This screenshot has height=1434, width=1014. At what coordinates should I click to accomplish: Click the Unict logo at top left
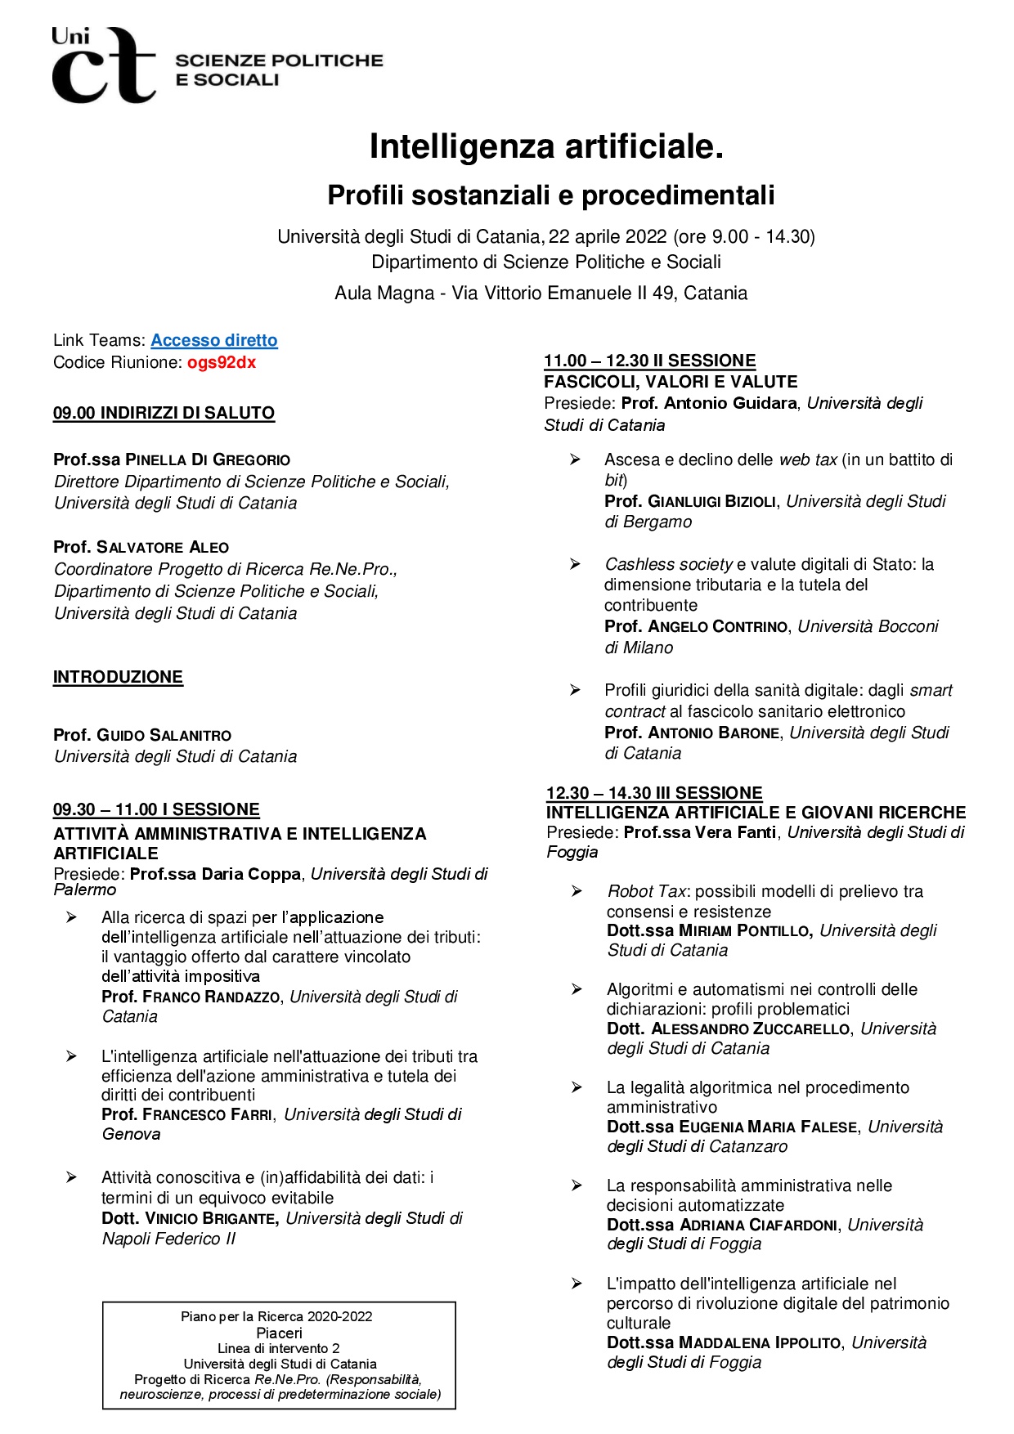(x=103, y=65)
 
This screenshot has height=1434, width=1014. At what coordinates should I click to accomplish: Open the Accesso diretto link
(x=214, y=340)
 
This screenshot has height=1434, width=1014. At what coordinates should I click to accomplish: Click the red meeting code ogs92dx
(x=222, y=362)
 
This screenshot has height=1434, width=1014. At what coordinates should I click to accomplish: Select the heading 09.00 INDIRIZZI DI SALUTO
(x=164, y=413)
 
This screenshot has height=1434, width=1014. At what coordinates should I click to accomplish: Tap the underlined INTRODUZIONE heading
(x=118, y=677)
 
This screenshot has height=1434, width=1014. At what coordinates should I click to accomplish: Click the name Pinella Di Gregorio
(x=208, y=459)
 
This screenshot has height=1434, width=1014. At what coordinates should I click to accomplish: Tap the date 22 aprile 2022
(x=608, y=236)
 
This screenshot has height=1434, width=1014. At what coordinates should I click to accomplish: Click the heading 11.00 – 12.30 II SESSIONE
(x=649, y=361)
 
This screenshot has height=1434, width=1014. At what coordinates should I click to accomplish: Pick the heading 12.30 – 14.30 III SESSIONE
(x=654, y=793)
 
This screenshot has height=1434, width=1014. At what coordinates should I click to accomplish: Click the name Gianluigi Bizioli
(x=711, y=501)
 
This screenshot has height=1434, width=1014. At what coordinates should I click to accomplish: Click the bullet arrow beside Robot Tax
(x=577, y=891)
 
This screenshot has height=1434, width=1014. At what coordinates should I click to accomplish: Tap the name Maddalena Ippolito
(x=760, y=1342)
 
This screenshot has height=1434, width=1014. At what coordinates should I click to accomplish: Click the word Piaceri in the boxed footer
(x=279, y=1333)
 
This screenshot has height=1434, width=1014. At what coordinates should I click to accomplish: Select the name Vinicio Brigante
(x=210, y=1218)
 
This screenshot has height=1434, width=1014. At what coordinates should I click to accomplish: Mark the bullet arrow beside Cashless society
(x=575, y=564)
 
